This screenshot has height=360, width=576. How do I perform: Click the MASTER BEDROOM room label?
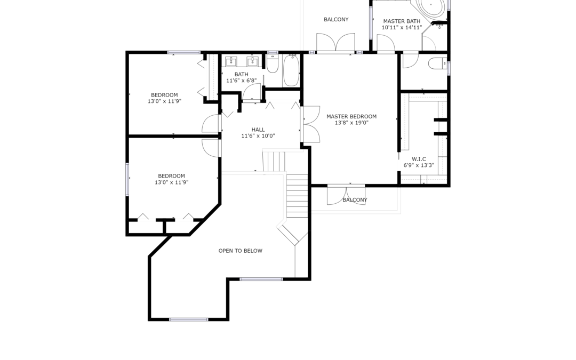click(x=351, y=117)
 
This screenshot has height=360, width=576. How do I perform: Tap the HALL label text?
click(x=258, y=130)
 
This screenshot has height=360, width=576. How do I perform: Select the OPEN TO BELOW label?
click(x=241, y=251)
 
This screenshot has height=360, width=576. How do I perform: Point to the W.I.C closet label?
click(x=419, y=159)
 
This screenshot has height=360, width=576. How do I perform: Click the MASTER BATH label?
click(x=402, y=21)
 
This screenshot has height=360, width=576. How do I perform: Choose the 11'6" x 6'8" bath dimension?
click(x=242, y=81)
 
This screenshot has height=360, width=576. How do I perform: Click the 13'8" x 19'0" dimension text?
click(x=351, y=123)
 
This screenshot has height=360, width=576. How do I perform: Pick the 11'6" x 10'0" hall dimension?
click(x=258, y=136)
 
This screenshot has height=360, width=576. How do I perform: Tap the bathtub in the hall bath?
click(x=291, y=70)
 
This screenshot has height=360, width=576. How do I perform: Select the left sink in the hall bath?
click(x=231, y=61)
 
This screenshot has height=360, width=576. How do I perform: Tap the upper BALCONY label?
click(x=336, y=20)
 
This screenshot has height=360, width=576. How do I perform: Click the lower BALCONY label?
click(x=355, y=200)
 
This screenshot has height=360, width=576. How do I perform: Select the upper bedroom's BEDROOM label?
click(x=164, y=95)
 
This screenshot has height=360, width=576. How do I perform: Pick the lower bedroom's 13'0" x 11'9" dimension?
click(x=172, y=182)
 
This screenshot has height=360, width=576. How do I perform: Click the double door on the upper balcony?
click(x=336, y=43)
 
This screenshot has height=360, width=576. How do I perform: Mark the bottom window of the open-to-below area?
click(x=188, y=319)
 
